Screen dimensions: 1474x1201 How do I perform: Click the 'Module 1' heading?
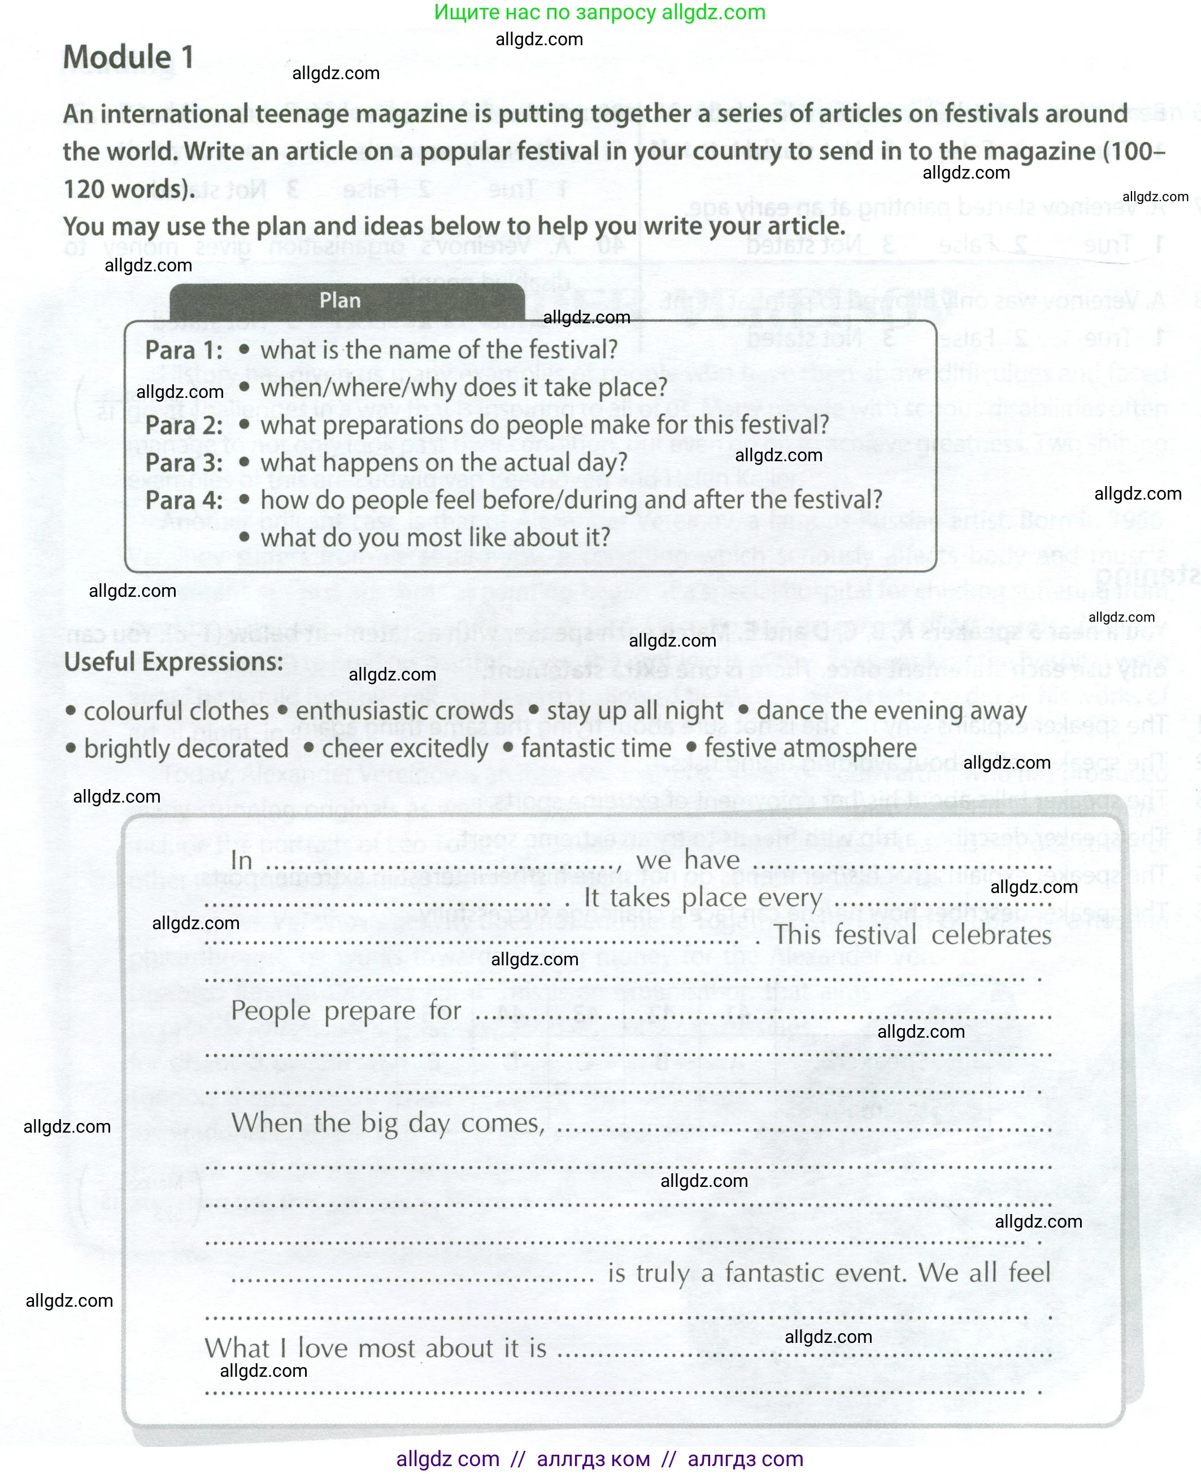click(128, 57)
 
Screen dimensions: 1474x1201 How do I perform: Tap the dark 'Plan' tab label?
click(340, 300)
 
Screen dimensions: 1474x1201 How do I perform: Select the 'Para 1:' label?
click(184, 350)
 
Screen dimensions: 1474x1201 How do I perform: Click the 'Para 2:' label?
click(184, 425)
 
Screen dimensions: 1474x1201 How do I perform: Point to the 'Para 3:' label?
click(184, 462)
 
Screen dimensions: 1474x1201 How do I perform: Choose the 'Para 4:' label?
click(184, 500)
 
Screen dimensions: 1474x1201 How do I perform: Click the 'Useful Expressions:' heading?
click(173, 662)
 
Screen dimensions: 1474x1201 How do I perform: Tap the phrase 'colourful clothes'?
click(176, 710)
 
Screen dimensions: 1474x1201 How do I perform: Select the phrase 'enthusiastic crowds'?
click(404, 710)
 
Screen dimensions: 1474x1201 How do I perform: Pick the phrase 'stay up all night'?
click(634, 710)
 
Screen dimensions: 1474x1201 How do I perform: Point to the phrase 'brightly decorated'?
click(185, 748)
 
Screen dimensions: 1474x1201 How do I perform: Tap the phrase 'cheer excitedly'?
click(404, 748)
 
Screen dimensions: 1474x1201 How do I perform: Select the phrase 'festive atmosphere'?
click(810, 748)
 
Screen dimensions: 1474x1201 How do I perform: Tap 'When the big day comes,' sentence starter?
click(388, 1122)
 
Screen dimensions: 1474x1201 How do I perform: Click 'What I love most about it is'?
click(375, 1347)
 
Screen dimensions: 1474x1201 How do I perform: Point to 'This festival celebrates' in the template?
click(912, 935)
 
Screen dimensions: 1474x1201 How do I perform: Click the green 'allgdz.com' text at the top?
click(713, 12)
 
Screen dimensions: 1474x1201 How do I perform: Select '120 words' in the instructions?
click(128, 189)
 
